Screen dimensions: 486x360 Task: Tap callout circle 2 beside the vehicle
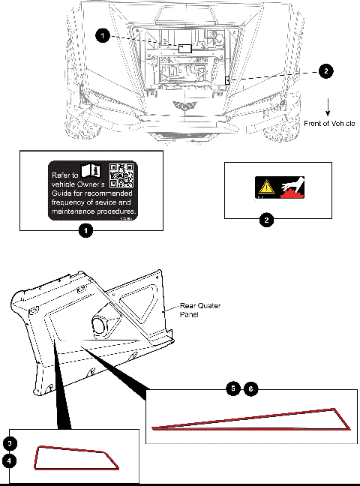click(x=325, y=71)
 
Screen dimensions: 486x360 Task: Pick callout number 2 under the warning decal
click(x=265, y=220)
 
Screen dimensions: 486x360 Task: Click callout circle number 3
click(x=9, y=442)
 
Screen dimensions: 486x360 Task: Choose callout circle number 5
click(x=235, y=388)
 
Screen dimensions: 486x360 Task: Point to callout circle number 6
click(x=252, y=388)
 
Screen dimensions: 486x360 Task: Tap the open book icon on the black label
click(x=94, y=171)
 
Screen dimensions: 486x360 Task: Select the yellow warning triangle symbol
click(x=264, y=187)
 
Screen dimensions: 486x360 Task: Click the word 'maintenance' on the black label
click(x=76, y=212)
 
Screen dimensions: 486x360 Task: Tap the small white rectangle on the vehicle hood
click(x=184, y=47)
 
